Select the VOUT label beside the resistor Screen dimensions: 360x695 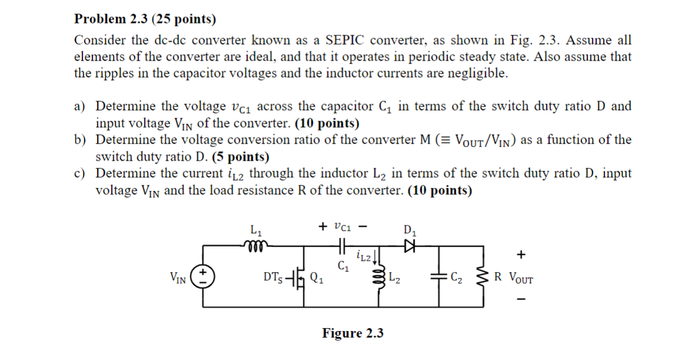pyautogui.click(x=521, y=277)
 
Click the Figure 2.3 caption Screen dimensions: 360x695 pyautogui.click(x=353, y=334)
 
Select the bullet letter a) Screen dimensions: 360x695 pyautogui.click(x=81, y=106)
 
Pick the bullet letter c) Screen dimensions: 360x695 pyautogui.click(x=81, y=174)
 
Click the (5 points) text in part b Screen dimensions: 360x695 pyautogui.click(x=240, y=157)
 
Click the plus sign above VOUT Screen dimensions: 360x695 pyautogui.click(x=520, y=255)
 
